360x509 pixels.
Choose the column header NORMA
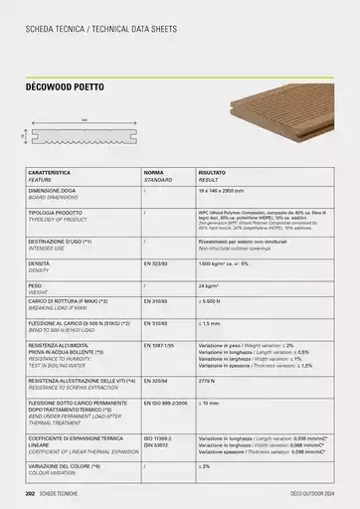pos(154,173)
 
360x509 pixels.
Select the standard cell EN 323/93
pos(157,262)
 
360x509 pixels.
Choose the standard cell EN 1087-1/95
pos(161,343)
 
